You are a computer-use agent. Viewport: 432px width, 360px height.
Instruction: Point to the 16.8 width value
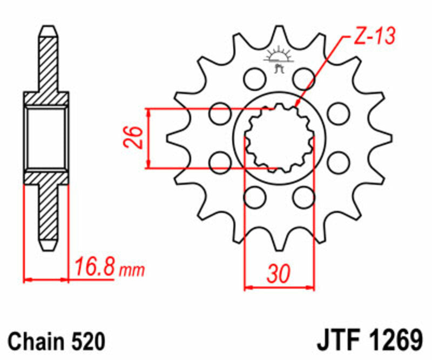tap(94, 266)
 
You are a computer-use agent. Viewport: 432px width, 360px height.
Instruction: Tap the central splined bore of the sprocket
tap(279, 137)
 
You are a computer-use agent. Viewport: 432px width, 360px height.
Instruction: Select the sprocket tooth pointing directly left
tap(172, 137)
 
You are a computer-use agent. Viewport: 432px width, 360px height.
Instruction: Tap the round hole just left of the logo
tap(252, 79)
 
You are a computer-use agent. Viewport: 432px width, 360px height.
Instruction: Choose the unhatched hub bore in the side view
tap(46, 137)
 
